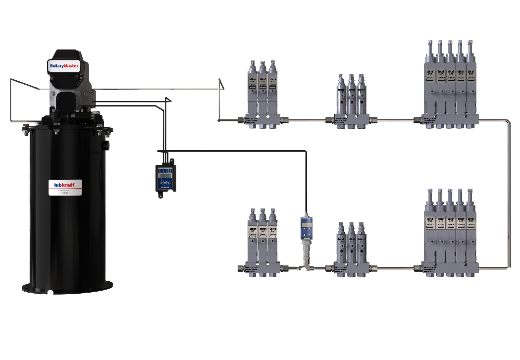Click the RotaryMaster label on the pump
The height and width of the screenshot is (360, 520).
click(x=64, y=65)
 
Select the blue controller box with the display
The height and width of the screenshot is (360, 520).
click(x=165, y=178)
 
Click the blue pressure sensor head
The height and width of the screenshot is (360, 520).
click(x=306, y=225)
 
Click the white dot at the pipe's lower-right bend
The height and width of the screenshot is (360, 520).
click(x=510, y=270)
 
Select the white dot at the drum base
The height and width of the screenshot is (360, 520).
click(x=50, y=294)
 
